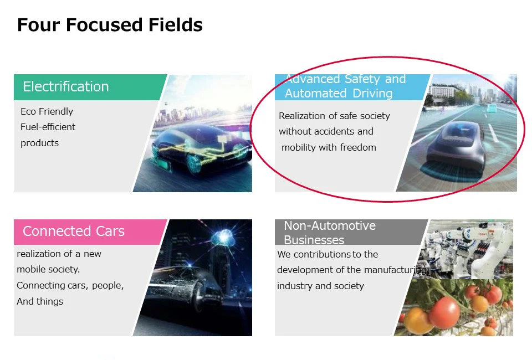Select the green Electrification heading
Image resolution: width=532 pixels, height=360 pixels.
(x=66, y=87)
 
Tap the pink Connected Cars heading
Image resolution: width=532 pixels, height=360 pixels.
(x=74, y=231)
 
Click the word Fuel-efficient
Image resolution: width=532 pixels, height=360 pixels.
(x=48, y=127)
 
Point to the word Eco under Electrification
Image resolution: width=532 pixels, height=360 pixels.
(x=28, y=111)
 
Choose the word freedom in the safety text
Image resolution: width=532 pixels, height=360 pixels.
(x=358, y=147)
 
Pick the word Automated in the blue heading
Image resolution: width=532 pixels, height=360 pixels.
(x=315, y=93)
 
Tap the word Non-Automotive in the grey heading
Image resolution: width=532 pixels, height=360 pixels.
(x=330, y=226)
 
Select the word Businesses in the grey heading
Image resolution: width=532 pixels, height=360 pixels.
(x=314, y=240)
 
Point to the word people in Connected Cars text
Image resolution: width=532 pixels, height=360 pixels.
(x=108, y=286)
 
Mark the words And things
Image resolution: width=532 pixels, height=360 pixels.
(x=40, y=301)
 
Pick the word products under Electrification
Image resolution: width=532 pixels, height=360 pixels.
(x=39, y=143)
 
